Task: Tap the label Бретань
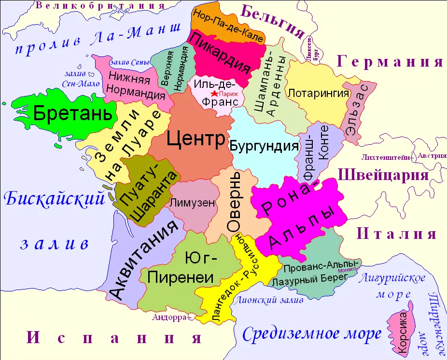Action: click(x=75, y=114)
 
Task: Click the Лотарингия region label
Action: click(x=318, y=92)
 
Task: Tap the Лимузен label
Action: click(x=192, y=203)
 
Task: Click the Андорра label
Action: click(x=169, y=317)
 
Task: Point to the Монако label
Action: click(x=349, y=270)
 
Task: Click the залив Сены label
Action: click(x=127, y=62)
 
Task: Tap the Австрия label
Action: click(x=429, y=156)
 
